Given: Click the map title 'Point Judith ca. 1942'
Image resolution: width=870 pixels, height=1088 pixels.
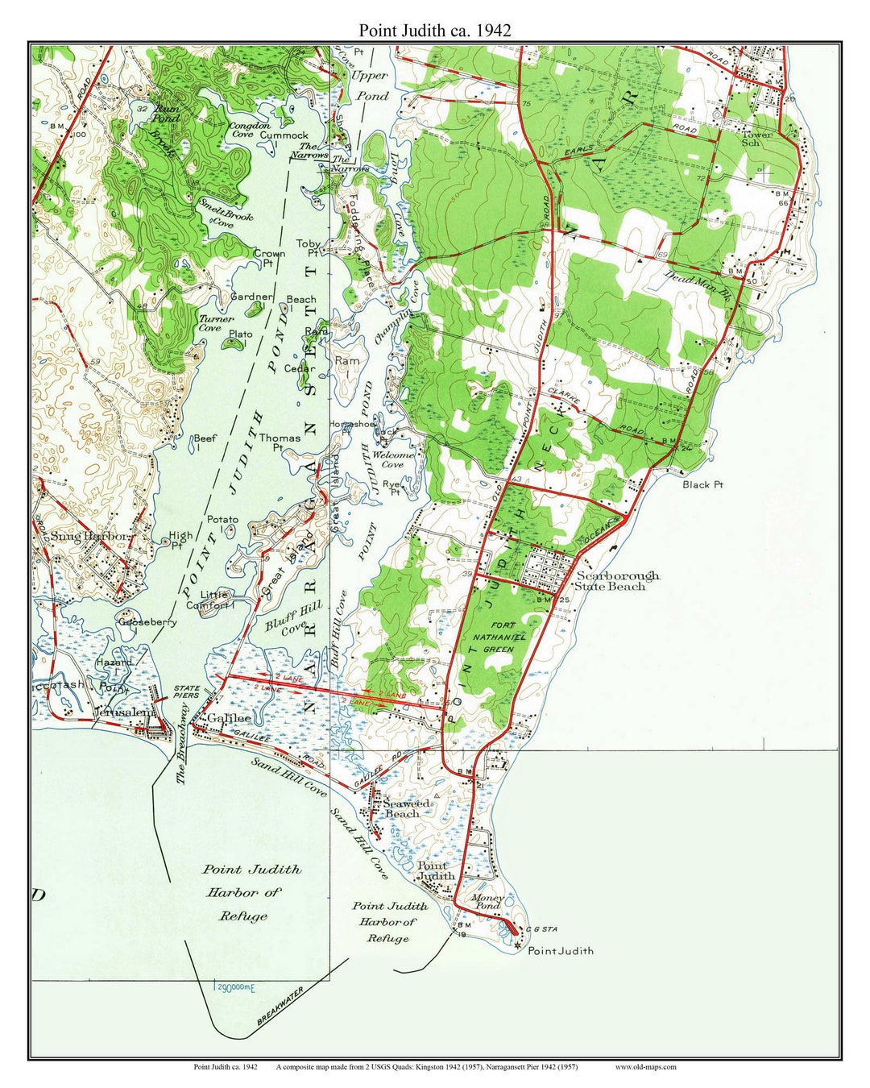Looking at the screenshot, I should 434,30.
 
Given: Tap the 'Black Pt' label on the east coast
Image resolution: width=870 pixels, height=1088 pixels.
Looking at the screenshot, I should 702,484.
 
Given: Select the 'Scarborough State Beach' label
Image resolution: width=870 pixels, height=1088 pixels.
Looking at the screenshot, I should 617,581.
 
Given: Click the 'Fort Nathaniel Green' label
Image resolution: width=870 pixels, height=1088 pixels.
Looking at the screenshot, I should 504,637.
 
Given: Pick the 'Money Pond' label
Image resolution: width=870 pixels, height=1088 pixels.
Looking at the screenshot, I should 487,901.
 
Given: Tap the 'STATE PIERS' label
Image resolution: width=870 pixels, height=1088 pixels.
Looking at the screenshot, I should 187,691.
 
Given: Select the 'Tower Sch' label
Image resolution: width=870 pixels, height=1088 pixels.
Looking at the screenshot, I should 756,138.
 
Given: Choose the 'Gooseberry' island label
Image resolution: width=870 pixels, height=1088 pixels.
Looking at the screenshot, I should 147,622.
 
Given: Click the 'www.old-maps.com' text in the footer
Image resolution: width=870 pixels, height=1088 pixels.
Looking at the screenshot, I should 645,1067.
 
